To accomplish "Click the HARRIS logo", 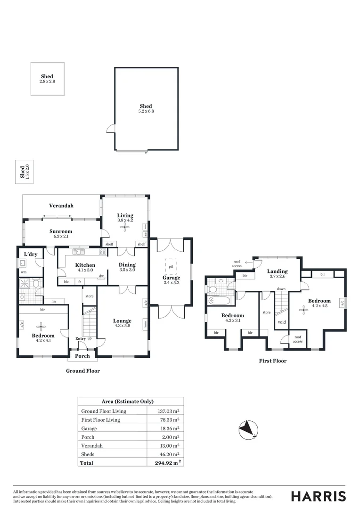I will [318, 496].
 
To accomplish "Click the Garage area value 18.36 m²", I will [169, 428].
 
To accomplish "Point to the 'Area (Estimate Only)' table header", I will [128, 402].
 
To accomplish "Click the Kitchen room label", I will [85, 265].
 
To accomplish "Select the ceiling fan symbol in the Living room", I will [125, 228].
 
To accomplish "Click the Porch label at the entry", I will [82, 356].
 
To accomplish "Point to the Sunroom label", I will [61, 231].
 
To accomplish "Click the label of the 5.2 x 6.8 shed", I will [146, 107].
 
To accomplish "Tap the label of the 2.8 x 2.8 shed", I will [47, 76].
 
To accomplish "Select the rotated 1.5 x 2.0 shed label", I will [22, 172].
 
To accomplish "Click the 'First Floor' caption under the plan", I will [273, 361].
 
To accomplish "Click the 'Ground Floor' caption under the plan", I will [82, 371].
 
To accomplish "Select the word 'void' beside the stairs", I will [282, 322].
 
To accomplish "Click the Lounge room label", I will [123, 321].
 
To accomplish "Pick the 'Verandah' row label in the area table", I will [92, 445].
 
